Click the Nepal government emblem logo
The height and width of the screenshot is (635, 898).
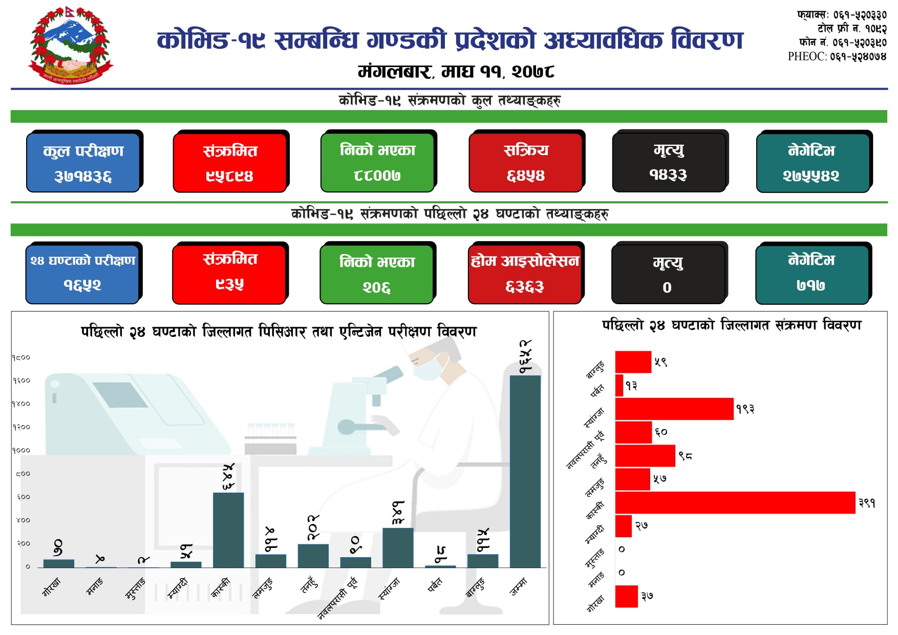pos(71,45)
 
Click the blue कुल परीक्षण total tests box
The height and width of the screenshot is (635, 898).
pos(83,162)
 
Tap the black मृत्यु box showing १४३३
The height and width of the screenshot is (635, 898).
pos(669,162)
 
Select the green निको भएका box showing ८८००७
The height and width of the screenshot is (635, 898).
pos(377,162)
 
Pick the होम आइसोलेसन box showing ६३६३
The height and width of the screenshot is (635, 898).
pos(525,274)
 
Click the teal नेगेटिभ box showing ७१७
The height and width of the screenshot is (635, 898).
pos(812,274)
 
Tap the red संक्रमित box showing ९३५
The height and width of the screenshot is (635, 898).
pos(229,274)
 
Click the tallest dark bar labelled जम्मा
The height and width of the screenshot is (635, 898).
pos(525,471)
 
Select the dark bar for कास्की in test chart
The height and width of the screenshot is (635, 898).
pos(228,530)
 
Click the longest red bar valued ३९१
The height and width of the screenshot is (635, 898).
pos(735,502)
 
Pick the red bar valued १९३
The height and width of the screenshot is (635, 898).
pos(674,409)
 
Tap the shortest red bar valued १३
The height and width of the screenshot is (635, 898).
pos(619,385)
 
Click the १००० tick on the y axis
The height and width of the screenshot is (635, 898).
pos(22,450)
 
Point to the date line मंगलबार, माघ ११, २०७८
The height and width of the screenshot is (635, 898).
pos(456,71)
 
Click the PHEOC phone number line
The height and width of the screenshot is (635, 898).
pos(837,56)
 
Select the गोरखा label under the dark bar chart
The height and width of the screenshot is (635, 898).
pos(52,586)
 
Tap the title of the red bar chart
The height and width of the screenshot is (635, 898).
pos(731,325)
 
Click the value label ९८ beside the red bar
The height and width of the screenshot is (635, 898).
pos(685,455)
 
